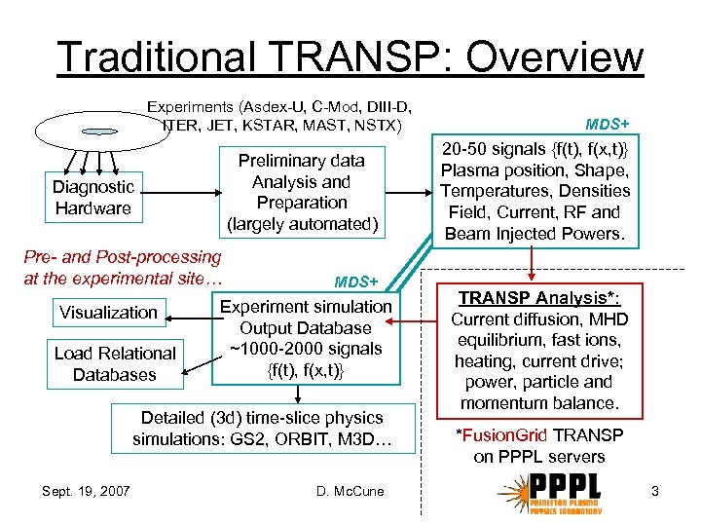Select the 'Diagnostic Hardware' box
[93, 197]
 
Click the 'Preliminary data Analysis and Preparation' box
[302, 192]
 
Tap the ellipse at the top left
[89, 129]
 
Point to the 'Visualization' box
[108, 313]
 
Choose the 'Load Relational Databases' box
[115, 363]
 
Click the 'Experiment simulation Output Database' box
[306, 338]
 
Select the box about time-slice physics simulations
[262, 429]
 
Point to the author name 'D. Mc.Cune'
[350, 491]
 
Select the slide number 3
[655, 491]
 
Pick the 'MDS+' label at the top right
[607, 124]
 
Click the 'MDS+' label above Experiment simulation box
[355, 282]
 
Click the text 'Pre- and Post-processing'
[122, 257]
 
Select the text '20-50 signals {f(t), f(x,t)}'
[535, 149]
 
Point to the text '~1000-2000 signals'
[306, 349]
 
